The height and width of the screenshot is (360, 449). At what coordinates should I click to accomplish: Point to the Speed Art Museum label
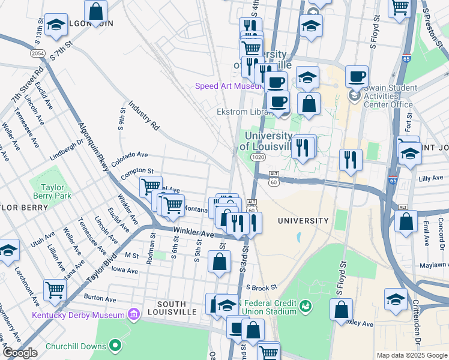[x=226, y=86]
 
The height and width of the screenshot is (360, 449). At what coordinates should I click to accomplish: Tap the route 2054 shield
[x=38, y=53]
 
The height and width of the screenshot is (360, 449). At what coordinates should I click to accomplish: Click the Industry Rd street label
[x=143, y=114]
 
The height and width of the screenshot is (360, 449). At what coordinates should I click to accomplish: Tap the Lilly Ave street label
[x=430, y=179]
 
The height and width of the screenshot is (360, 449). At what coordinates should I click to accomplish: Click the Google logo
[x=20, y=353]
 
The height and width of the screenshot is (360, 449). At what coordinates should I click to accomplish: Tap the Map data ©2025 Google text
[x=411, y=355]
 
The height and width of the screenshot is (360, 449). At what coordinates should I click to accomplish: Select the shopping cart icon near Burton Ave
[x=55, y=290]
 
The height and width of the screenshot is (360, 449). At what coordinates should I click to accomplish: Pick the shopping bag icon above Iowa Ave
[x=220, y=261]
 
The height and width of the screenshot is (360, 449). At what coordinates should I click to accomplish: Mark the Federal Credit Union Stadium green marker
[x=306, y=307]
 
